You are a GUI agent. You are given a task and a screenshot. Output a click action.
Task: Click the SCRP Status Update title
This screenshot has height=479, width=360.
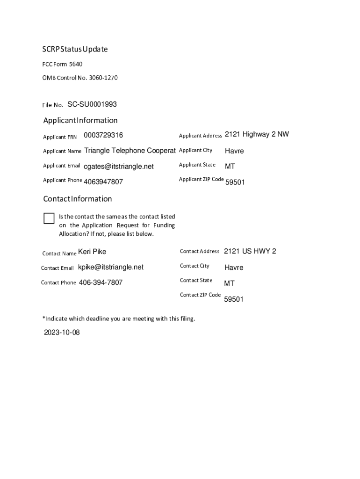(x=75, y=49)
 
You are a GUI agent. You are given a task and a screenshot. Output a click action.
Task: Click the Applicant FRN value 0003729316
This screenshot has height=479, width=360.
(x=103, y=135)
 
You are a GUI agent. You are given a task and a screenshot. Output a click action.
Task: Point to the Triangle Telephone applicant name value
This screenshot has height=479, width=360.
(x=130, y=151)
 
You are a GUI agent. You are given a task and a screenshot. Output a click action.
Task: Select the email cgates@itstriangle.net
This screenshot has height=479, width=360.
(x=119, y=167)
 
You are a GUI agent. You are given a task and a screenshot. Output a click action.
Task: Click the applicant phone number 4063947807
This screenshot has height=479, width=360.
(x=103, y=181)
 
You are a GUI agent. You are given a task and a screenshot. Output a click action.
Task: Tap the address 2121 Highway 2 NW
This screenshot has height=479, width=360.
(x=257, y=135)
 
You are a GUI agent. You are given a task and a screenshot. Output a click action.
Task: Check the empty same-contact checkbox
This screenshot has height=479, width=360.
(x=49, y=218)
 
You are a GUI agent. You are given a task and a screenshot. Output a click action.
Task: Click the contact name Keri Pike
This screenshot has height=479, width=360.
(x=92, y=252)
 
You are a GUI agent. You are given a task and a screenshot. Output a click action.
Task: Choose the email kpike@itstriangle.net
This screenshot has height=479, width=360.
(x=111, y=267)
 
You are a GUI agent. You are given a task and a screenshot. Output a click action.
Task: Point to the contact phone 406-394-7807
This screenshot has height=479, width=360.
(x=101, y=283)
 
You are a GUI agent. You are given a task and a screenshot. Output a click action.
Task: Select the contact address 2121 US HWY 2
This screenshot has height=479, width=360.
(x=250, y=251)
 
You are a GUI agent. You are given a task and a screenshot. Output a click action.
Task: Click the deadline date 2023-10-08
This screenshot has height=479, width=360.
(x=62, y=333)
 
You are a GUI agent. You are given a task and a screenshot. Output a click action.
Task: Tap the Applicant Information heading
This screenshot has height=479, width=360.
(x=80, y=120)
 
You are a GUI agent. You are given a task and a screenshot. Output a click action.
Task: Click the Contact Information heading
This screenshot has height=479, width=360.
(x=78, y=199)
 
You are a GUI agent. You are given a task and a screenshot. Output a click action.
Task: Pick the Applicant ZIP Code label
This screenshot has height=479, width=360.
(x=201, y=179)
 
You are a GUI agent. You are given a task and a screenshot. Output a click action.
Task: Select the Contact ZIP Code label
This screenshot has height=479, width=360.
(x=200, y=295)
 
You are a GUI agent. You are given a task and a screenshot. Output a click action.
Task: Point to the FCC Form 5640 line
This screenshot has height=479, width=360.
(x=63, y=64)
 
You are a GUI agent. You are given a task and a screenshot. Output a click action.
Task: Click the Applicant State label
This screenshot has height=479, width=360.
(x=197, y=165)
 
